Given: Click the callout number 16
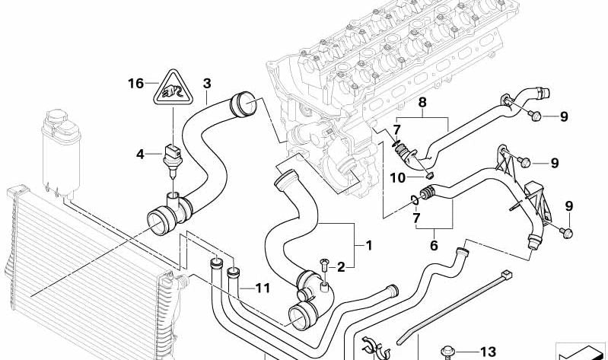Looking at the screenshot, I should [135, 83].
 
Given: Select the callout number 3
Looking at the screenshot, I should [206, 83].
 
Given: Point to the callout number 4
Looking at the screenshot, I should [140, 155].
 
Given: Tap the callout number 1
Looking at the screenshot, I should [368, 246].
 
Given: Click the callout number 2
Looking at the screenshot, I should [342, 266].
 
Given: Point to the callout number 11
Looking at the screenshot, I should [263, 288].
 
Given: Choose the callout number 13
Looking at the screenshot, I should [487, 351].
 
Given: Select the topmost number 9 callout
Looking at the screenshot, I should [563, 116].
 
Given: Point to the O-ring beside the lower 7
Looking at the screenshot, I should [413, 201].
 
